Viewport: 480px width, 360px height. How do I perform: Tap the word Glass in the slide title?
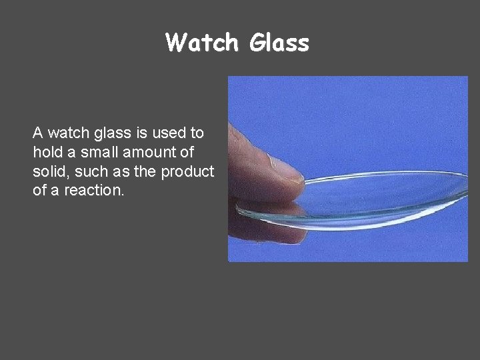point(279,43)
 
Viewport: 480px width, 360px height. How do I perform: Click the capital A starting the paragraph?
point(38,133)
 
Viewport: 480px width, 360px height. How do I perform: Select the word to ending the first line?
point(197,133)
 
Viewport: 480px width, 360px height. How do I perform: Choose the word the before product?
point(145,171)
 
